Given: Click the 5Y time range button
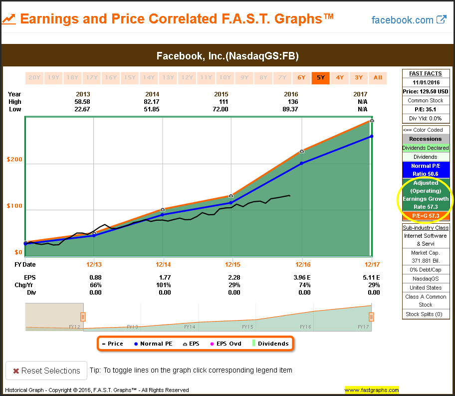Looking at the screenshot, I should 320,77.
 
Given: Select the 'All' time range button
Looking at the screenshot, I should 378,77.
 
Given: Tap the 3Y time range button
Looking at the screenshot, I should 359,77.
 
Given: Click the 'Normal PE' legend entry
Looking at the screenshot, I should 153,344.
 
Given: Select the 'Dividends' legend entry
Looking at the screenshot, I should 271,344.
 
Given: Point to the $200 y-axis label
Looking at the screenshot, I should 14,159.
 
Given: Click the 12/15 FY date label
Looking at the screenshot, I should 232,265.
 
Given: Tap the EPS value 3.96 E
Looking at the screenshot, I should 302,277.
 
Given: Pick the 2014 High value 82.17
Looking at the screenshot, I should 164,102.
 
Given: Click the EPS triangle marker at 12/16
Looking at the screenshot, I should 302,151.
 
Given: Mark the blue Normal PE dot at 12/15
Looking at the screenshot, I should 230,203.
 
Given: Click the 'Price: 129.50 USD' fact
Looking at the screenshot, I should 426,91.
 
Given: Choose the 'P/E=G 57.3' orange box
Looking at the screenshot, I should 426,216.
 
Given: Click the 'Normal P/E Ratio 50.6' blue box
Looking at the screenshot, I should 426,170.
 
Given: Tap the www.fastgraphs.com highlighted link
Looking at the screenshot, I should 371,390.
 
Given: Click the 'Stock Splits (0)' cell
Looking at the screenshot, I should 426,314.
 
